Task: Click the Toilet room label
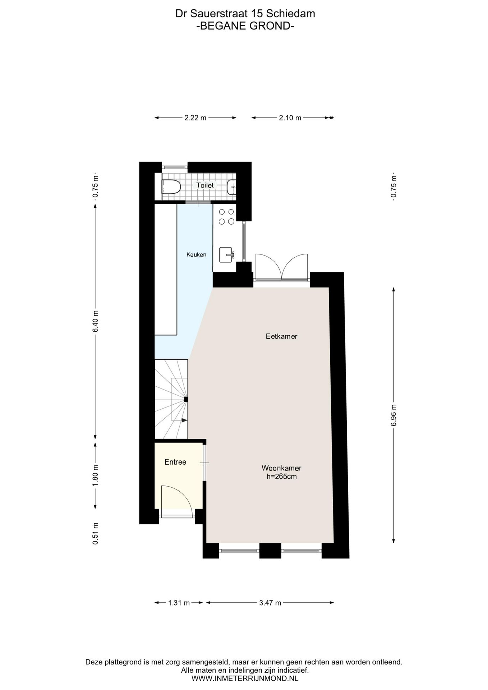pos(205,185)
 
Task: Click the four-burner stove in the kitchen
pos(226,217)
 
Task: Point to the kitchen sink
pos(227,255)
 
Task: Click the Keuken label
pos(196,255)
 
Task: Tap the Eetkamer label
pos(281,337)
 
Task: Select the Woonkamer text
pos(281,468)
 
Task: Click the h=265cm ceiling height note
pos(281,477)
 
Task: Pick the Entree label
pos(175,462)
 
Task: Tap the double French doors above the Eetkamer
pos(282,268)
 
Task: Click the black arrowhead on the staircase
pos(184,420)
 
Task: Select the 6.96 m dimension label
pos(394,415)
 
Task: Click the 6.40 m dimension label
pos(95,321)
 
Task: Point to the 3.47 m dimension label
pos(270,603)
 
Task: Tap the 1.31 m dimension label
pos(179,603)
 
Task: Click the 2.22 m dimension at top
pos(195,118)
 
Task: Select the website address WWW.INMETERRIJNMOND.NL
pos(244,678)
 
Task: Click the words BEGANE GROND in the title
pos(245,26)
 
